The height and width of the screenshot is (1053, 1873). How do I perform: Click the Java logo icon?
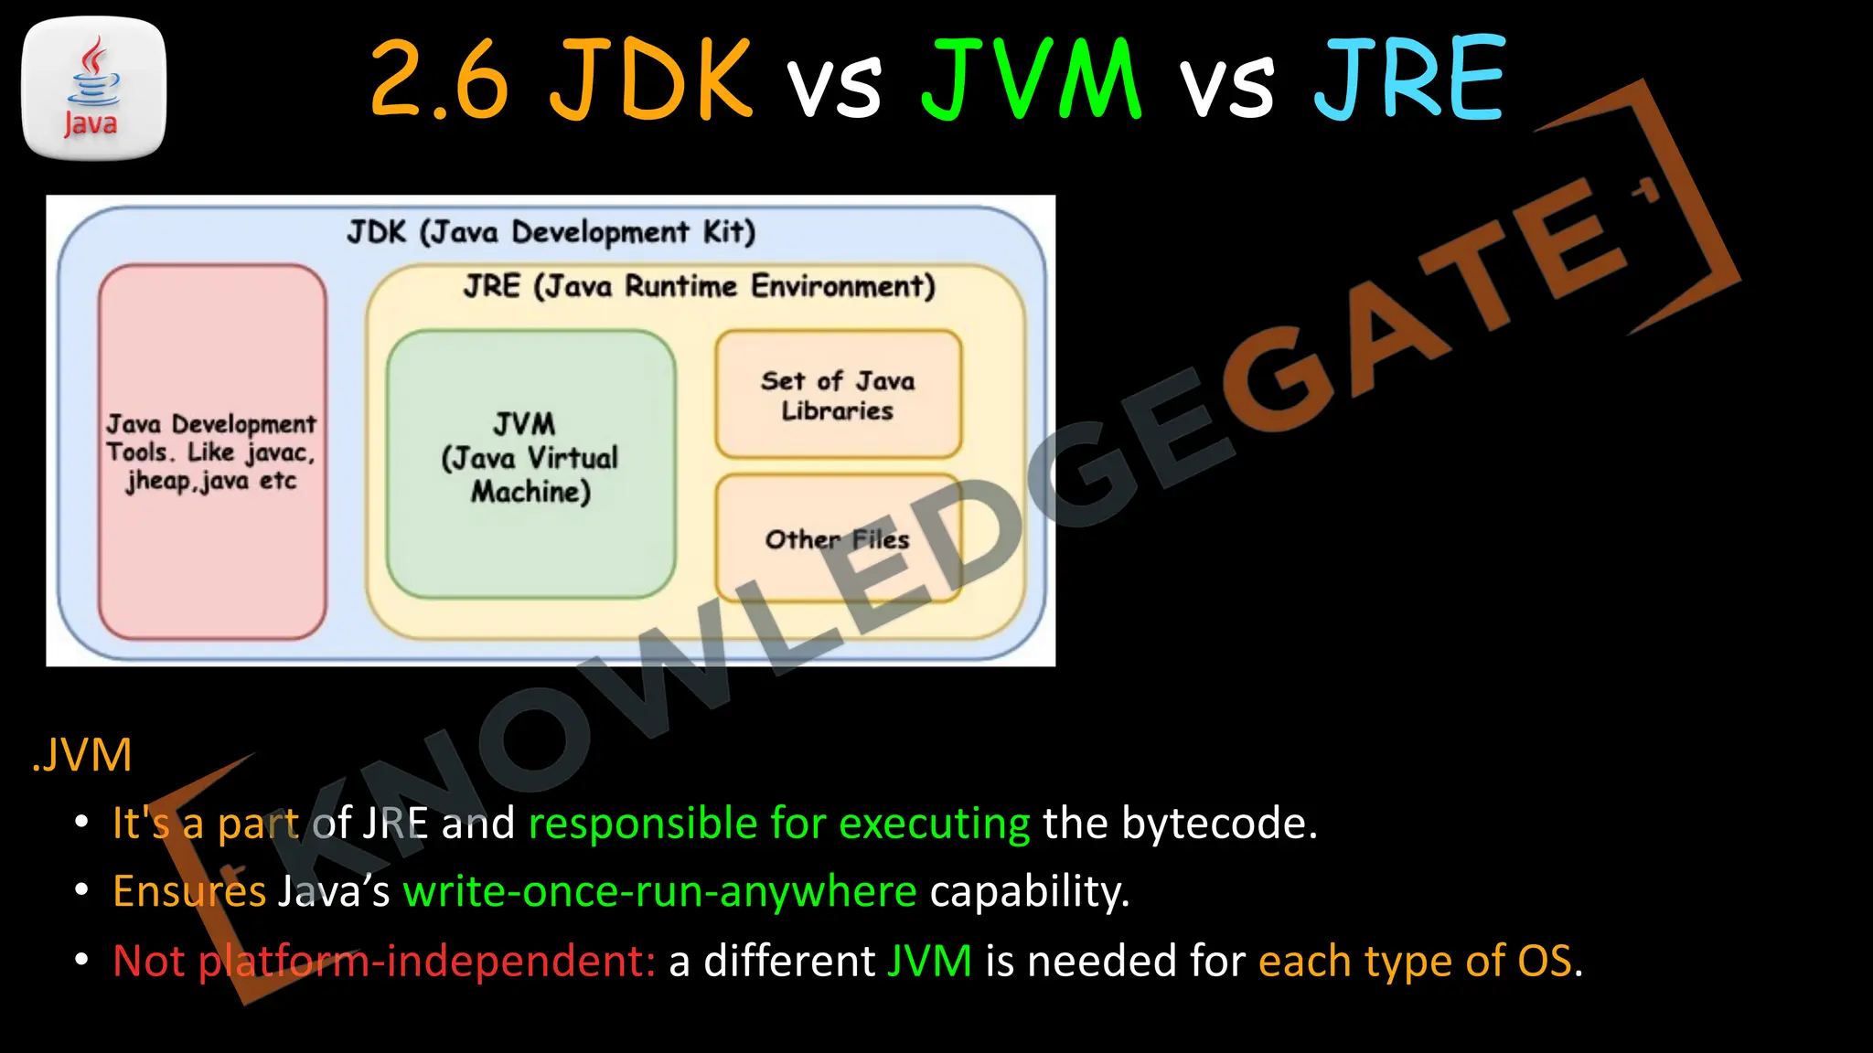(93, 88)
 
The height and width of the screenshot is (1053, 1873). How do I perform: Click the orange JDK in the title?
(650, 80)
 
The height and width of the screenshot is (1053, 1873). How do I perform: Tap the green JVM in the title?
(1031, 80)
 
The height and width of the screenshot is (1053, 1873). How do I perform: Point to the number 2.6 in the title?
(439, 80)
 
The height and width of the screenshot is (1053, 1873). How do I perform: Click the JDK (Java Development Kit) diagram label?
(551, 232)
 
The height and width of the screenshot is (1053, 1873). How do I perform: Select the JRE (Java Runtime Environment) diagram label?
(699, 286)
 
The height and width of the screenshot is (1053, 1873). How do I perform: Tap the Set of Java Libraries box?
(838, 395)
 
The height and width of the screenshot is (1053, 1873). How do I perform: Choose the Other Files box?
(838, 539)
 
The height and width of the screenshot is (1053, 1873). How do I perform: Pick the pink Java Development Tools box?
(212, 452)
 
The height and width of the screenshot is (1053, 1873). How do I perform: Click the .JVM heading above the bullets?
(82, 756)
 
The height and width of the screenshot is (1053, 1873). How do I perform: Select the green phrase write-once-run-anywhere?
(659, 891)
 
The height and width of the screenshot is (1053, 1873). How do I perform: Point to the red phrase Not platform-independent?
(383, 962)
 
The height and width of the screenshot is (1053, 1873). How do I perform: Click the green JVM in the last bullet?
(929, 962)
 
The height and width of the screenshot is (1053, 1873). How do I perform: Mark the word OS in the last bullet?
(1545, 962)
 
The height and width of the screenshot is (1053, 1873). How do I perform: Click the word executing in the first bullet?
(934, 824)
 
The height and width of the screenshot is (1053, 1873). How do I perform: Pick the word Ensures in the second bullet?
(188, 891)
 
